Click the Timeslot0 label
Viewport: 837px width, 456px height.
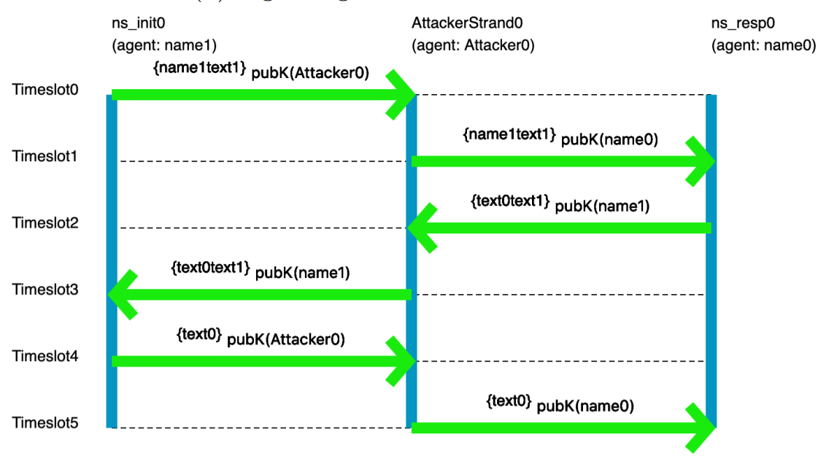(x=45, y=89)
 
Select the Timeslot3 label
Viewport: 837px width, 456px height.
(x=45, y=289)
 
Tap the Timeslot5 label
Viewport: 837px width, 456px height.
(x=45, y=422)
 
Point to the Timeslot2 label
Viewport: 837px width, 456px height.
(x=45, y=223)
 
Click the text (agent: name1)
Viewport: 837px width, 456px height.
(x=164, y=45)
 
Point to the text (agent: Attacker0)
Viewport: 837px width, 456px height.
(x=473, y=45)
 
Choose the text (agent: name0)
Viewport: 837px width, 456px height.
(x=763, y=45)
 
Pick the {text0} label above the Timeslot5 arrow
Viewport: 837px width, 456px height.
(x=508, y=401)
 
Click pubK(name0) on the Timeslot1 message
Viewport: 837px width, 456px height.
(x=609, y=140)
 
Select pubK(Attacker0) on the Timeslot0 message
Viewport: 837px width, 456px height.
(x=311, y=74)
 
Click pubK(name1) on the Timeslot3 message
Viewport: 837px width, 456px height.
(x=302, y=274)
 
